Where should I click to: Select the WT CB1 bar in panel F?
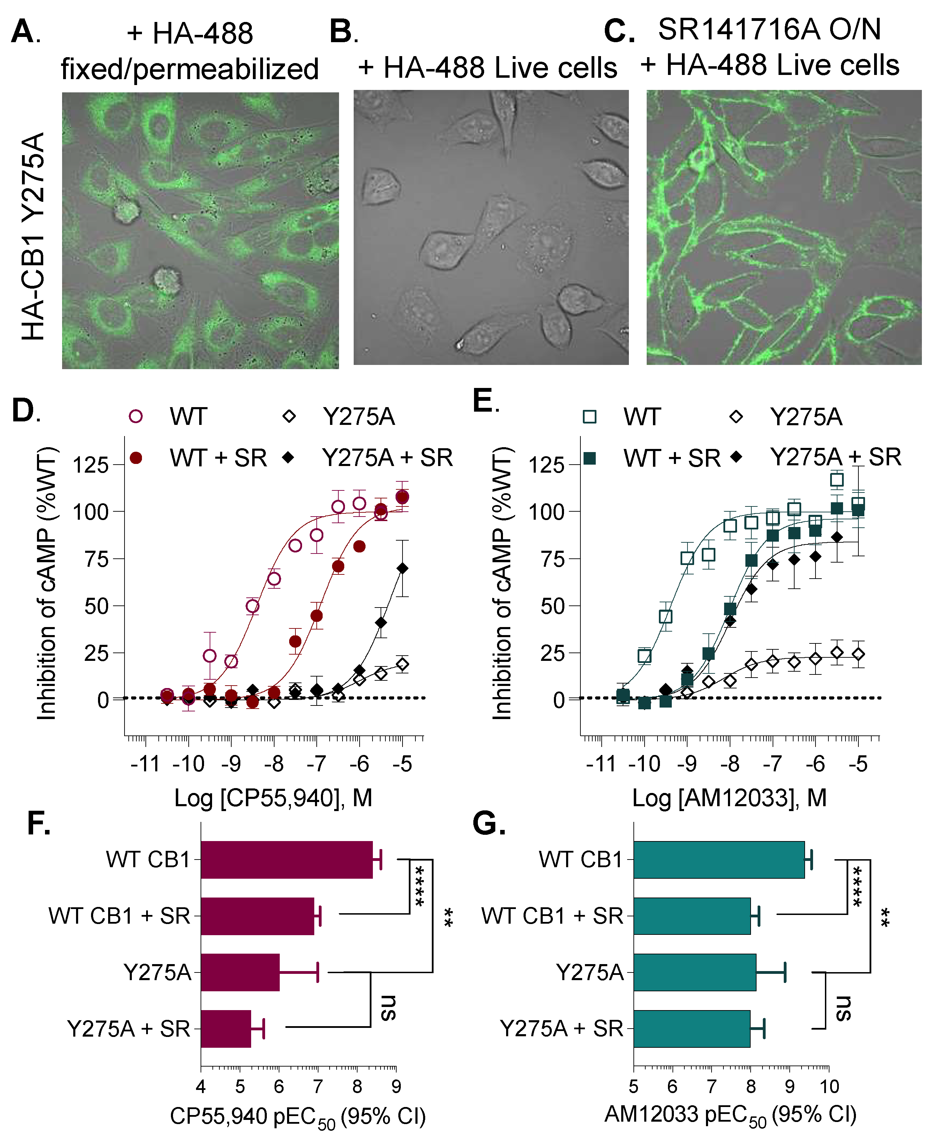tap(286, 860)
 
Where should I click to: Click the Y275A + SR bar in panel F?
tap(225, 1029)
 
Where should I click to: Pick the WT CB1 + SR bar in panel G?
tap(691, 916)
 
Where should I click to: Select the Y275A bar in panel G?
tap(694, 972)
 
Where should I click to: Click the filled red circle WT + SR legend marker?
tap(136, 458)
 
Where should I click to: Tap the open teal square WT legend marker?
tap(589, 417)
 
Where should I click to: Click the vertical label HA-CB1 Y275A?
tap(33, 236)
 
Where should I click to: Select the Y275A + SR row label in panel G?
tap(561, 1029)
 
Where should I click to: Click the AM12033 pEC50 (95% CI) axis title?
tap(730, 1115)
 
